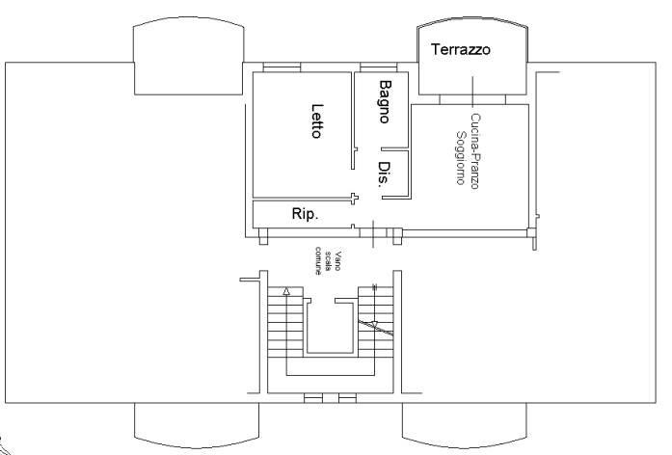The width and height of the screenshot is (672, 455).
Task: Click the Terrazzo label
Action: (461, 50)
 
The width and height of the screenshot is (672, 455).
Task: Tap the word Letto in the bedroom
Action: (316, 120)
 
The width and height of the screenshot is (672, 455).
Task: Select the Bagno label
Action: (385, 102)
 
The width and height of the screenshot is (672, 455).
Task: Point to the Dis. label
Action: (384, 174)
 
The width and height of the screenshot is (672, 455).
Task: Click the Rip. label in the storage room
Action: (305, 213)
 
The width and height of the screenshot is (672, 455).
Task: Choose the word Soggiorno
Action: (460, 158)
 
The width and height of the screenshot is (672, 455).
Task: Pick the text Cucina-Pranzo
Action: (475, 150)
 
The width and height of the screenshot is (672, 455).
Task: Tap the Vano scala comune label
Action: (328, 262)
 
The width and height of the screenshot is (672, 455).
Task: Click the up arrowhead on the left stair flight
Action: (286, 292)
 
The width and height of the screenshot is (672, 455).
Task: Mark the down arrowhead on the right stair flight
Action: (375, 325)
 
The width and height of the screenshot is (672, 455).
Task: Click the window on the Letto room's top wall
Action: (282, 67)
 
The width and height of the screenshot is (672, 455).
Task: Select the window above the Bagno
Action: (379, 67)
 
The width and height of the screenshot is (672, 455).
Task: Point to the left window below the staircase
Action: (313, 398)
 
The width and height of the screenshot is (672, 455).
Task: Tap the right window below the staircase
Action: (347, 398)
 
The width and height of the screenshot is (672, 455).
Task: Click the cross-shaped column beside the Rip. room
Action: (354, 199)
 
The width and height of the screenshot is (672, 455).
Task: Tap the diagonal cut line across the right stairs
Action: (375, 328)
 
